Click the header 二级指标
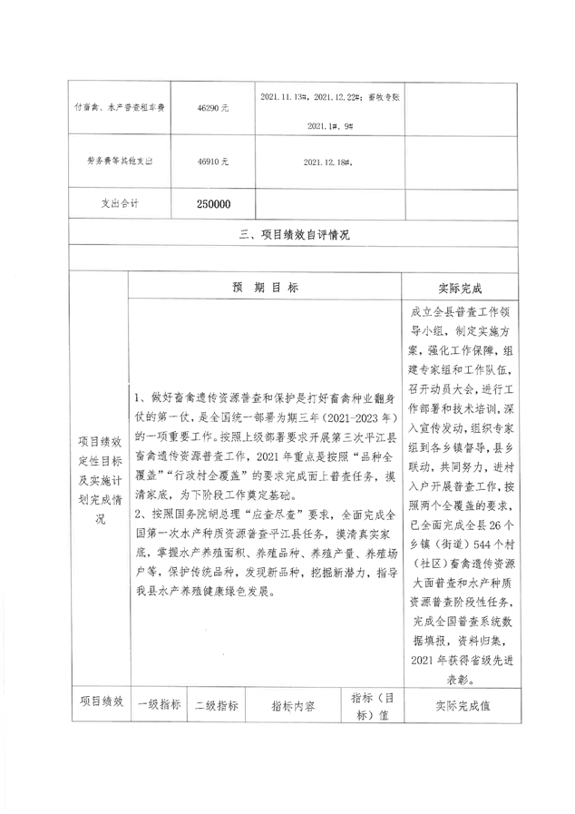(x=216, y=704)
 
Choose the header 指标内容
(x=292, y=705)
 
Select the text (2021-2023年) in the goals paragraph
(x=345, y=417)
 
